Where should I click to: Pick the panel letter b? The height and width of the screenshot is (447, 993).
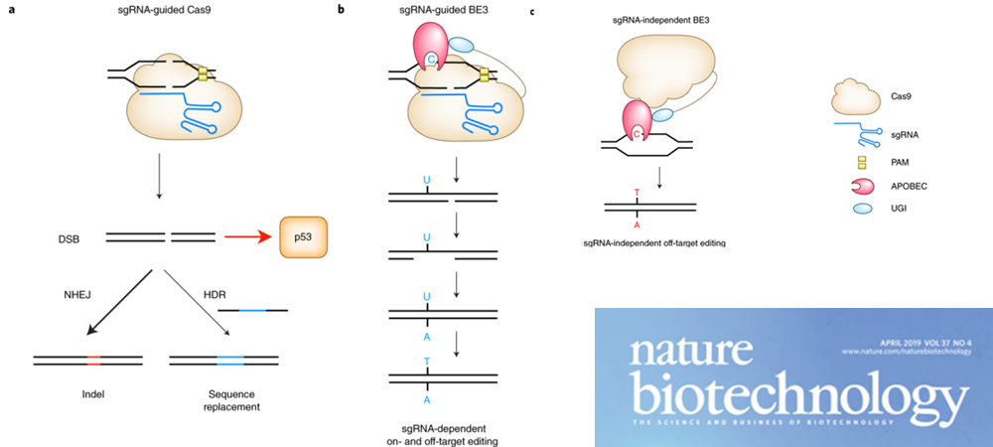pos(342,10)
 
